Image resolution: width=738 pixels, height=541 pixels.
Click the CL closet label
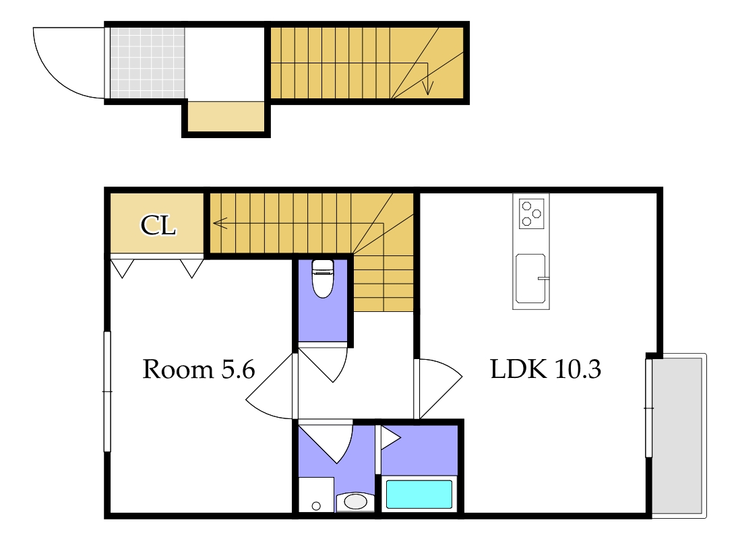pyautogui.click(x=158, y=225)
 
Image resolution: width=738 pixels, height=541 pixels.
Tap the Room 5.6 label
pyautogui.click(x=199, y=369)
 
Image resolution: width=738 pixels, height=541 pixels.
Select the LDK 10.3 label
pyautogui.click(x=545, y=369)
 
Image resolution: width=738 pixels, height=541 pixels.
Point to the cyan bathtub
pyautogui.click(x=419, y=494)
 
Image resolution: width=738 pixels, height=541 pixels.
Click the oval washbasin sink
pyautogui.click(x=355, y=501)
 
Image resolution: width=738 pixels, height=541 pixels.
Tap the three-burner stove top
pyautogui.click(x=531, y=214)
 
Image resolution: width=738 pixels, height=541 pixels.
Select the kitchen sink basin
pyautogui.click(x=530, y=278)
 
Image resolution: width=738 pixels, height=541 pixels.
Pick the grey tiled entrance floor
pyautogui.click(x=148, y=63)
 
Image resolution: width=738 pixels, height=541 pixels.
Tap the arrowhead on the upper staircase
pyautogui.click(x=427, y=88)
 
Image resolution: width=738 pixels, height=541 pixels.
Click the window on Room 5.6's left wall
pyautogui.click(x=107, y=391)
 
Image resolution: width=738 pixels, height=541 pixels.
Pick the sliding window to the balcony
pyautogui.click(x=648, y=408)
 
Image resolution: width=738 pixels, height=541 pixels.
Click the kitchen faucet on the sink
pyautogui.click(x=544, y=278)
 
